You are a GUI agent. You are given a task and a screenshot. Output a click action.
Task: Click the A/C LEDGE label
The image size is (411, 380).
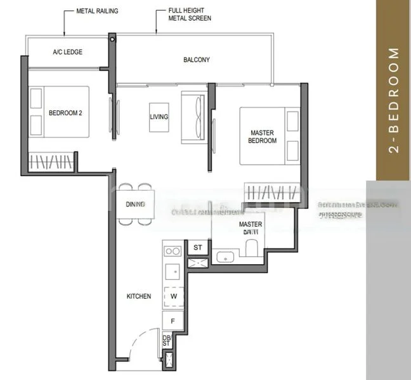pos(67,51)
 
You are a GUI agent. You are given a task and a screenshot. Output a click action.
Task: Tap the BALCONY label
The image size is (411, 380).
pos(197,60)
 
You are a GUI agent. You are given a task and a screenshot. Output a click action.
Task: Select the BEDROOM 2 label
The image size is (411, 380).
pos(66,113)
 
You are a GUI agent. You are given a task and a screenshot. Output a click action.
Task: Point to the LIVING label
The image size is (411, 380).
pos(159,117)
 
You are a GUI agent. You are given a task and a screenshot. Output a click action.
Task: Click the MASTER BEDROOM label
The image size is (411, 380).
pos(262,137)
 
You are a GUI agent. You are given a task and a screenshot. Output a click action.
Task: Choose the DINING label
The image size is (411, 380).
pos(135,204)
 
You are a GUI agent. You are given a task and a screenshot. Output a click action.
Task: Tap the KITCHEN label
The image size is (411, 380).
pos(138,296)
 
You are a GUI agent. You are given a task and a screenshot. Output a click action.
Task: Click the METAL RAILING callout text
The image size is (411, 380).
pos(97,11)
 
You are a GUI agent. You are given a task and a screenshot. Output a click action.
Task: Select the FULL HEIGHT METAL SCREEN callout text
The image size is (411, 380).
pos(190,15)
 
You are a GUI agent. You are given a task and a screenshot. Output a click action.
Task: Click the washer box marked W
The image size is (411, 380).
pos(173,295)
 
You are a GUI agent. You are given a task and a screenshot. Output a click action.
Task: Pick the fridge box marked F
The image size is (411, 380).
pos(173,321)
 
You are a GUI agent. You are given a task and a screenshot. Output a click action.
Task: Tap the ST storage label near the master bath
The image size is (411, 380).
pos(197,247)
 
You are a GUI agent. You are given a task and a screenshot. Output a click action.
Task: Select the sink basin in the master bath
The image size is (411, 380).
pos(224,257)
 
